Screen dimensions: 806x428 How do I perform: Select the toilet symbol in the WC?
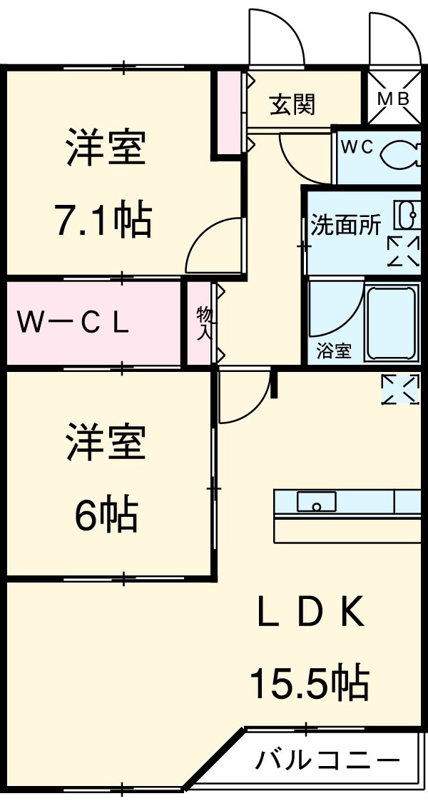point(401,153)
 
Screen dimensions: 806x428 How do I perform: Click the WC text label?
point(357,147)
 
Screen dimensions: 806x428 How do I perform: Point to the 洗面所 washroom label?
point(345,225)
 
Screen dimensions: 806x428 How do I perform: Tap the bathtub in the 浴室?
point(391,322)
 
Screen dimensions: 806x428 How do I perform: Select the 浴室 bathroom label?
point(334,351)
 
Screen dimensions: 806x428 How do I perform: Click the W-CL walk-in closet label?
point(73,323)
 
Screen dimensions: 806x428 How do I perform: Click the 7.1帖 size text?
point(104,221)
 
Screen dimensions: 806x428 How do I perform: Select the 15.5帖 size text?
point(309,682)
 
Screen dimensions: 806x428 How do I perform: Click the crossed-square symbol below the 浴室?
point(400,388)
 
